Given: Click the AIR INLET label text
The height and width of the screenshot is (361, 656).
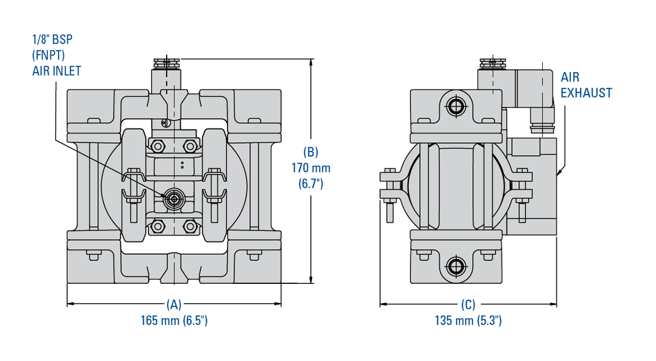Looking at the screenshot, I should click(56, 70).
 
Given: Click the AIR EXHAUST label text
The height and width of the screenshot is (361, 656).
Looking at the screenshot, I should click(586, 85).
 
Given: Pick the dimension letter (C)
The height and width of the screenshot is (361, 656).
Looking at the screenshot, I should click(468, 304).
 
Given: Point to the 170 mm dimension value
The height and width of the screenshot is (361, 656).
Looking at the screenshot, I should click(311, 168).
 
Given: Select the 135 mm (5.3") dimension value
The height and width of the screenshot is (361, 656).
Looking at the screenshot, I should click(468, 321).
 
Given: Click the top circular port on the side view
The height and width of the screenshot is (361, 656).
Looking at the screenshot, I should click(455, 106).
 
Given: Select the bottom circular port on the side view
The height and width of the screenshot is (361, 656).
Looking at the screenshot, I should click(455, 266).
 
